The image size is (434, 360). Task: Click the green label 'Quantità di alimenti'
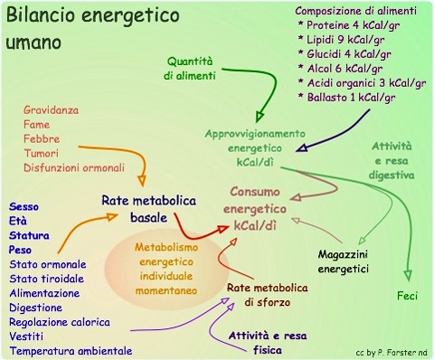pyautogui.click(x=193, y=69)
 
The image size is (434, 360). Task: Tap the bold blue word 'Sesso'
pyautogui.click(x=25, y=206)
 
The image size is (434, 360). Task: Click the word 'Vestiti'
pyautogui.click(x=27, y=336)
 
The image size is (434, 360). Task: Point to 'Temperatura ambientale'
pyautogui.click(x=71, y=351)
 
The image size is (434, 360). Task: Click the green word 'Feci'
pyautogui.click(x=408, y=296)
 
